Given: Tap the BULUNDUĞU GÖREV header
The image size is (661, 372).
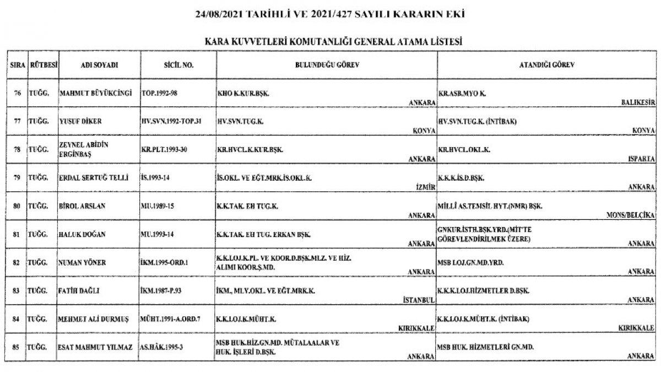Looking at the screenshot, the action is (x=326, y=64).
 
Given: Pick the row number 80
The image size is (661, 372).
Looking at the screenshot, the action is (x=17, y=206).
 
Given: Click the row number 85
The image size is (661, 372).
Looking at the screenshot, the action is (x=17, y=348).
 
